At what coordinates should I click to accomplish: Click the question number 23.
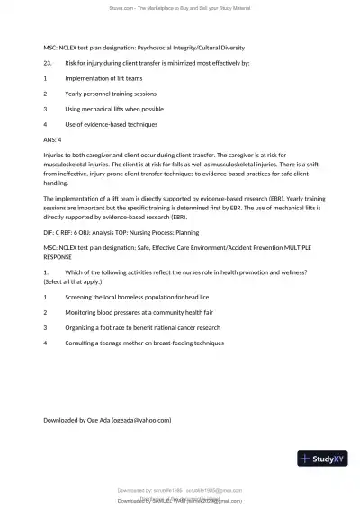click(x=49, y=63)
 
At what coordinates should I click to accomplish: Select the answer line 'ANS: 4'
click(x=52, y=139)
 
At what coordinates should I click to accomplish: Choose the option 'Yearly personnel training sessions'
click(x=112, y=94)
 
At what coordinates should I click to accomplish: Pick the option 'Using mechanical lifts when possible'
click(x=113, y=109)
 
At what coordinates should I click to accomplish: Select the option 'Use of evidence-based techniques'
click(x=111, y=124)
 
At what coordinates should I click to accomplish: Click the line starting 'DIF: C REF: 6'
click(x=128, y=232)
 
